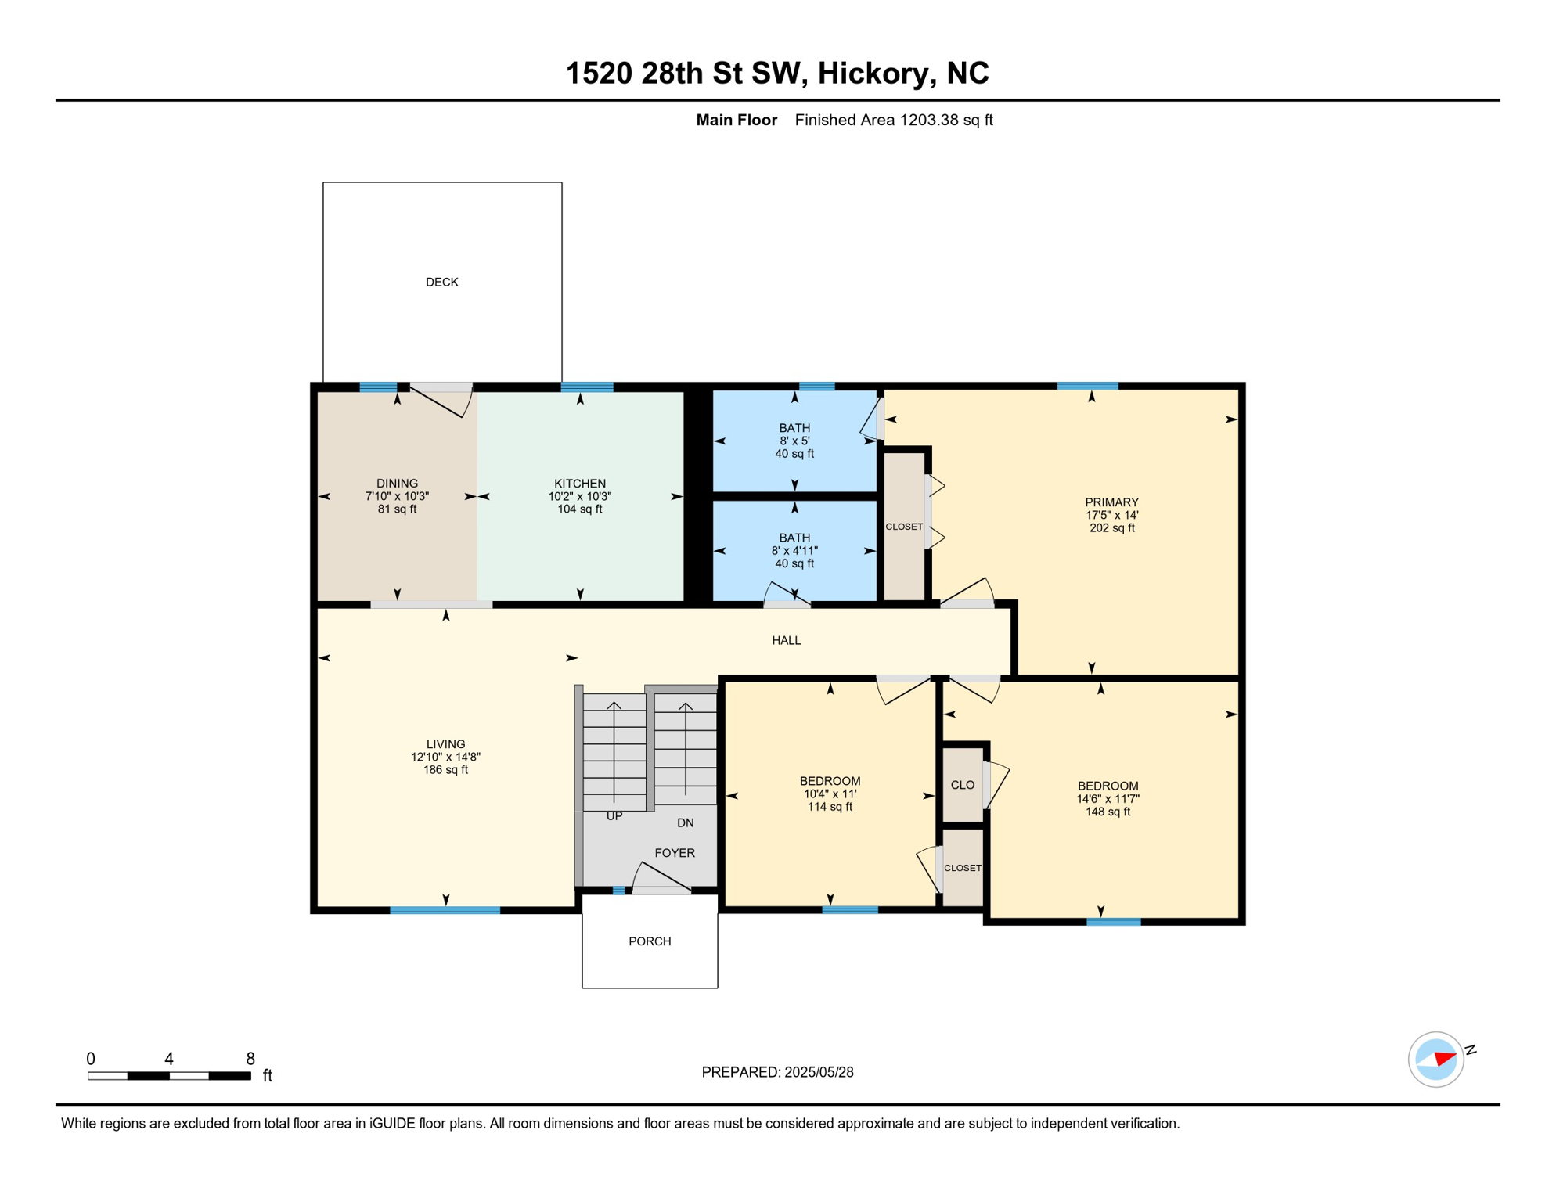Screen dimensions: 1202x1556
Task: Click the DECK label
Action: (441, 282)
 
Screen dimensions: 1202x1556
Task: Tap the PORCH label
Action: (650, 941)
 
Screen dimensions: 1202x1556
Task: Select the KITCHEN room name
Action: (579, 484)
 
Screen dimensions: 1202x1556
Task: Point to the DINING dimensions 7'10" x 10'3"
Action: (397, 496)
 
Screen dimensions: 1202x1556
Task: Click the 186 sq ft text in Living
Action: (445, 769)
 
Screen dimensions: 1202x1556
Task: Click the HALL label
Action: (786, 640)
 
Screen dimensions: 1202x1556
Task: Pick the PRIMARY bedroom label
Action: (1111, 502)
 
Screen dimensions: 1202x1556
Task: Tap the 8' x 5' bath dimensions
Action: (794, 441)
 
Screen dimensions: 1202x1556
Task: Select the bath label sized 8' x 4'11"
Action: (794, 538)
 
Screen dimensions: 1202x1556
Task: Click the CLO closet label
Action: (962, 785)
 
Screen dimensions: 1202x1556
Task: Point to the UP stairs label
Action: (614, 815)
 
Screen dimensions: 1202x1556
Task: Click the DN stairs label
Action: (685, 822)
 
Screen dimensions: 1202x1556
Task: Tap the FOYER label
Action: (674, 853)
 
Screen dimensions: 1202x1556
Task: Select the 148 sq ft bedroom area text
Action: (1107, 812)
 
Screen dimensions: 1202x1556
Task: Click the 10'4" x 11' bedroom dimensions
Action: (830, 794)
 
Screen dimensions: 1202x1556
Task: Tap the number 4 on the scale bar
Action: (169, 1059)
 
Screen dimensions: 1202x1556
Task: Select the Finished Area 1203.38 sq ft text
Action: (893, 120)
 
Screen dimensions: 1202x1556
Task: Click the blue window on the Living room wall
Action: (445, 910)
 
